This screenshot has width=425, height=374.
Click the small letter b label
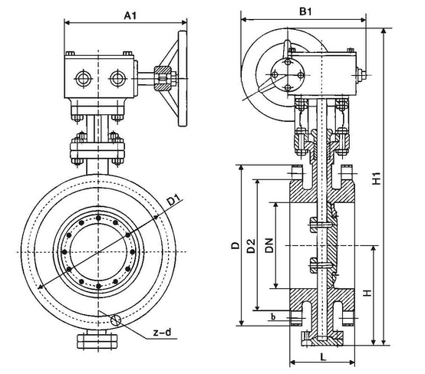[272, 315]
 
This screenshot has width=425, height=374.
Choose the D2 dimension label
[251, 246]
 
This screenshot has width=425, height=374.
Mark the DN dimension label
[269, 246]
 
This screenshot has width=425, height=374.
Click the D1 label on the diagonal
[173, 202]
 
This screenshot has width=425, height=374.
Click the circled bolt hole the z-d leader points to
[115, 322]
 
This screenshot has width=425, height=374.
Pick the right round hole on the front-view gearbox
[117, 77]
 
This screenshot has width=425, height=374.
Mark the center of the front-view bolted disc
[100, 251]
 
